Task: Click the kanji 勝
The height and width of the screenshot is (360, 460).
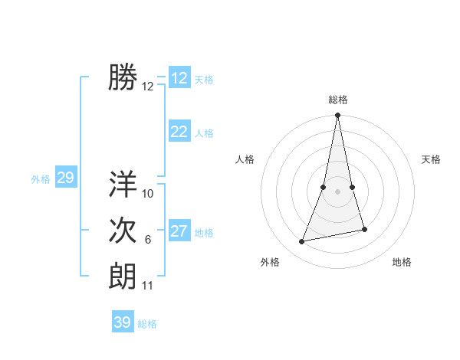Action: pyautogui.click(x=123, y=77)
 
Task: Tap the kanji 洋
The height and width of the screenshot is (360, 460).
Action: pyautogui.click(x=123, y=185)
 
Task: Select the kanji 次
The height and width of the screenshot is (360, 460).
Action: pyautogui.click(x=123, y=231)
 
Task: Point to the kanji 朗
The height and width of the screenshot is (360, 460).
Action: pyautogui.click(x=123, y=277)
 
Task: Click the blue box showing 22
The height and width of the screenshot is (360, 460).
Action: pyautogui.click(x=179, y=132)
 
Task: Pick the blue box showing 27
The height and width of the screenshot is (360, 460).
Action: pyautogui.click(x=179, y=231)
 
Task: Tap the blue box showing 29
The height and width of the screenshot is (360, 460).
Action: pyautogui.click(x=65, y=178)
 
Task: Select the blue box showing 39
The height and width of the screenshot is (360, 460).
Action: pyautogui.click(x=123, y=322)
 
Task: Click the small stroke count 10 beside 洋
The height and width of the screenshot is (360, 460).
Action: pyautogui.click(x=148, y=194)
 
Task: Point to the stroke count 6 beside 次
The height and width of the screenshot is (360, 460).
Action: pyautogui.click(x=148, y=240)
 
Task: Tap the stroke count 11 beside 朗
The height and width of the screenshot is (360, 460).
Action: pyautogui.click(x=148, y=286)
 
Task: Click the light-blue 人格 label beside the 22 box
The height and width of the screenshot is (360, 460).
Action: pyautogui.click(x=204, y=133)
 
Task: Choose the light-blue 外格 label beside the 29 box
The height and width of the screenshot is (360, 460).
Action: pyautogui.click(x=41, y=179)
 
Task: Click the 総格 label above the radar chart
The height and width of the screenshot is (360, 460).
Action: pyautogui.click(x=337, y=100)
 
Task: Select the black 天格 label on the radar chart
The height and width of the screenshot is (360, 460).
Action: pyautogui.click(x=432, y=159)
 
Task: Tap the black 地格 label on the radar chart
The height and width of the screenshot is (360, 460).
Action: pyautogui.click(x=402, y=262)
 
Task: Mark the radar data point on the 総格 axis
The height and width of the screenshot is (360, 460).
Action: pyautogui.click(x=337, y=116)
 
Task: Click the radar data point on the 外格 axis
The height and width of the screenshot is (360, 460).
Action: pyautogui.click(x=302, y=242)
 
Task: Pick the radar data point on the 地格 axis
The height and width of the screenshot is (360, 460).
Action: pyautogui.click(x=364, y=229)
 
